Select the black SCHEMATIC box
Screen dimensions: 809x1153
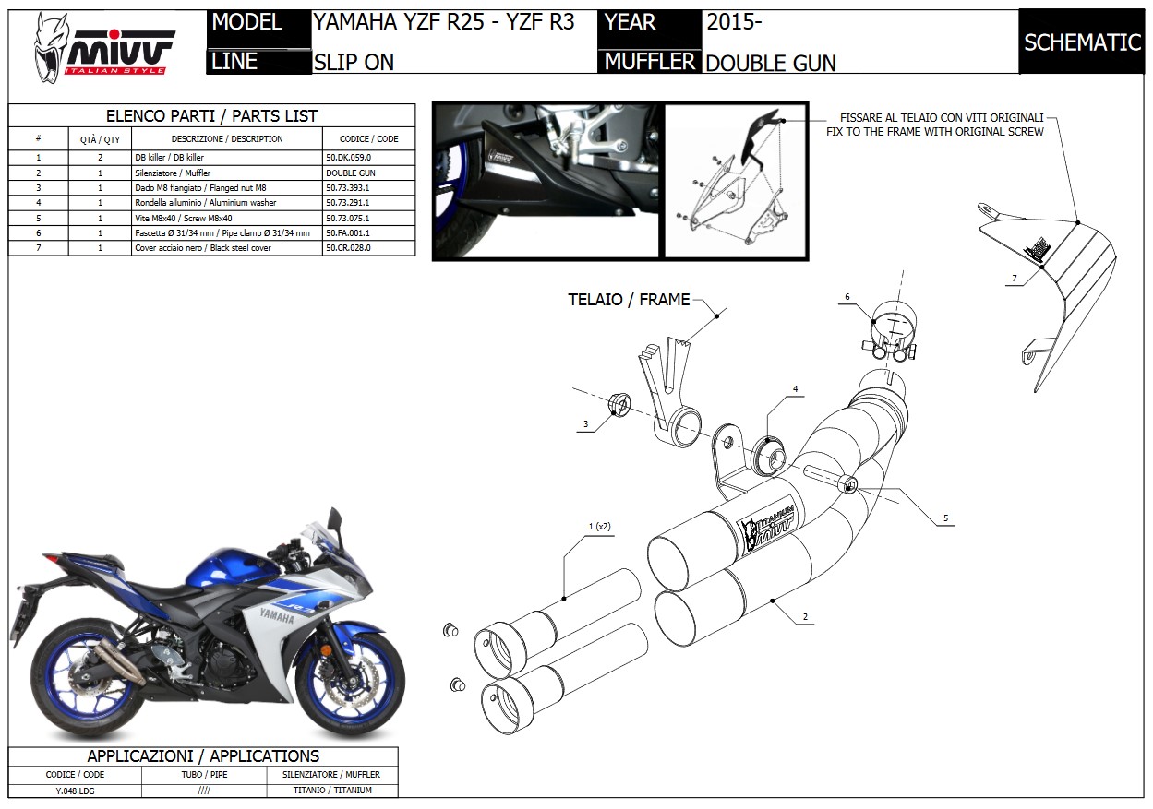pyautogui.click(x=1082, y=42)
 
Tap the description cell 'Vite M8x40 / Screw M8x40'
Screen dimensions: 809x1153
pyautogui.click(x=184, y=218)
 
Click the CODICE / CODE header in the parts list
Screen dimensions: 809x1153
pyautogui.click(x=368, y=138)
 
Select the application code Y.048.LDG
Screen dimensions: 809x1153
pyautogui.click(x=75, y=791)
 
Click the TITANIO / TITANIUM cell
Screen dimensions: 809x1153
pyautogui.click(x=332, y=791)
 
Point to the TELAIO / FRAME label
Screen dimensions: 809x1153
pyautogui.click(x=629, y=300)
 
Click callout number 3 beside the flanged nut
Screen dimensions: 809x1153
pyautogui.click(x=585, y=424)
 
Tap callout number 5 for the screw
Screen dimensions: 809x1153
pyautogui.click(x=945, y=518)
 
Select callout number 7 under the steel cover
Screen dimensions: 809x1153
pyautogui.click(x=1014, y=278)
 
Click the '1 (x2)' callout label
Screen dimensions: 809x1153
pyautogui.click(x=600, y=527)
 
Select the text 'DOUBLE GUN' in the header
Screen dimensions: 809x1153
pyautogui.click(x=771, y=64)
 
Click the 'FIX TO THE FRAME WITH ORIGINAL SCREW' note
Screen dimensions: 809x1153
pyautogui.click(x=935, y=132)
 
